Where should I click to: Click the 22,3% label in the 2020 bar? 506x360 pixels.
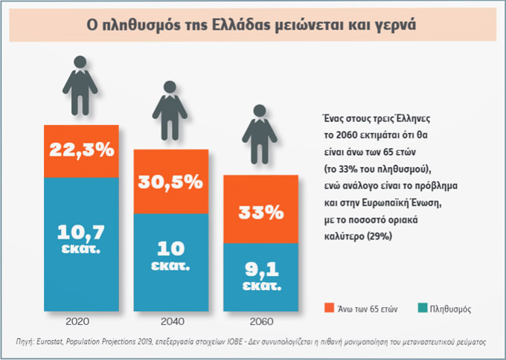[x=81, y=150]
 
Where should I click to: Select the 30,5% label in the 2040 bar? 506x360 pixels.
[x=170, y=180]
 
